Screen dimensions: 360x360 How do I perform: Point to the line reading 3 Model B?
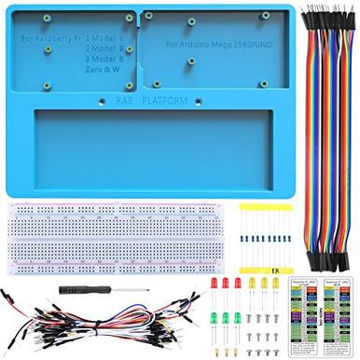(105, 58)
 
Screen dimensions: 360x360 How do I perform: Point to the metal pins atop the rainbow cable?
(323, 13)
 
